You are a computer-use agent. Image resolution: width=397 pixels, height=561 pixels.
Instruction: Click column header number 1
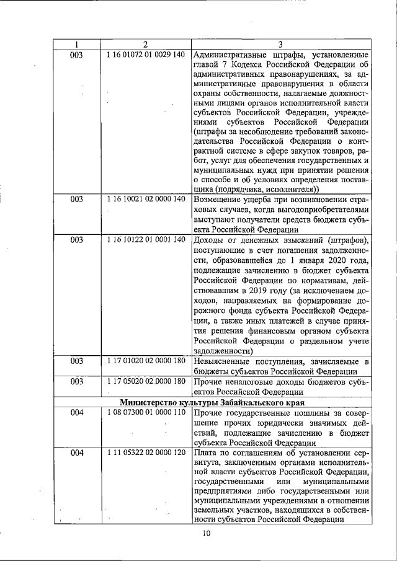click(76, 44)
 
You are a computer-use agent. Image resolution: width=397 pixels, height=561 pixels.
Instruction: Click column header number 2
click(145, 44)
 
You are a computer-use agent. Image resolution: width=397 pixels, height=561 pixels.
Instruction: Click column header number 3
click(281, 44)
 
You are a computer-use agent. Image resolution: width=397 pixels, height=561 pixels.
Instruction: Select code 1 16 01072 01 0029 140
click(146, 55)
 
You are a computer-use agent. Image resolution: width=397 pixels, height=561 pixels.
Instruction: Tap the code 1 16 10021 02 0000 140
click(146, 200)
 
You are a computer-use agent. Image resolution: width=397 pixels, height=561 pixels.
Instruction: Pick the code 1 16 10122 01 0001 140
click(146, 239)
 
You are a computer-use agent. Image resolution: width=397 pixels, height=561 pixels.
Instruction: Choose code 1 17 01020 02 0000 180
click(146, 361)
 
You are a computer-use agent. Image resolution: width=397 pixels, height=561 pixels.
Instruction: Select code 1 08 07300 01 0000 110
click(146, 412)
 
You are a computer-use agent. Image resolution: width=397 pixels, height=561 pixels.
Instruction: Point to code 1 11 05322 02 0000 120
click(146, 453)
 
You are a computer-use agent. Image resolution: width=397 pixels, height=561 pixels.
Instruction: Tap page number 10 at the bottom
click(207, 534)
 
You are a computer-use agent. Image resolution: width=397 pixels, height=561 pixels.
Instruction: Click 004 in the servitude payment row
click(76, 453)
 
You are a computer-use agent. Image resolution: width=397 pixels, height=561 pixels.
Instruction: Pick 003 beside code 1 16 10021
click(76, 200)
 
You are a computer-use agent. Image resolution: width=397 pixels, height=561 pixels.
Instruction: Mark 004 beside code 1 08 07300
click(76, 412)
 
